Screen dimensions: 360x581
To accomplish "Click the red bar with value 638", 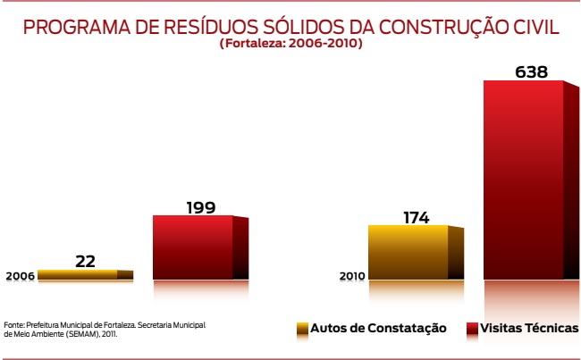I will click(x=524, y=179).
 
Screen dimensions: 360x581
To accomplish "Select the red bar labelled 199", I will click(x=193, y=247).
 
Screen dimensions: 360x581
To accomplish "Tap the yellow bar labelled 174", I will click(x=408, y=252).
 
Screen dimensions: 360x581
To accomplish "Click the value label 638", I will click(x=531, y=71).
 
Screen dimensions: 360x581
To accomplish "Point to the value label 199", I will click(x=201, y=207).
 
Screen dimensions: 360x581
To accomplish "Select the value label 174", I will click(x=416, y=216).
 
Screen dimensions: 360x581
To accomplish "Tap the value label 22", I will click(x=85, y=261).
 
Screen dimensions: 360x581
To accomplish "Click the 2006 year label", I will click(x=20, y=277).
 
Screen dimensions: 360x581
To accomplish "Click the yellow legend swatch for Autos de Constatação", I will click(x=302, y=329).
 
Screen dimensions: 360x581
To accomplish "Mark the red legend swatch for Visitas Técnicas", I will click(x=471, y=329).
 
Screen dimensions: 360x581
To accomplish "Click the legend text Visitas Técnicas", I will click(x=529, y=329).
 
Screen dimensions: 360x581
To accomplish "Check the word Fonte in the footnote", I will click(x=13, y=325).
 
